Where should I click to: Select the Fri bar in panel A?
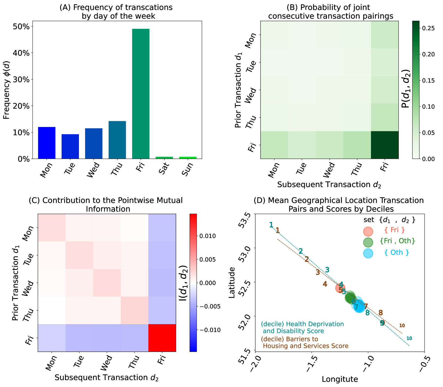click(141, 93)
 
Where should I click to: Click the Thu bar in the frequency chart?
click(117, 140)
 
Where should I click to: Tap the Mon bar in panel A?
click(47, 143)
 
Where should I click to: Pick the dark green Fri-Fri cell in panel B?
click(385, 145)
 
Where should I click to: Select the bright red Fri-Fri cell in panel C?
click(162, 338)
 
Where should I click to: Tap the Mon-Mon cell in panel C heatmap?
click(52, 227)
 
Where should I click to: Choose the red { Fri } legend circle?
click(368, 231)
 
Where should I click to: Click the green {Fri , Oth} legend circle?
click(368, 242)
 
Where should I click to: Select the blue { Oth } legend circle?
click(368, 253)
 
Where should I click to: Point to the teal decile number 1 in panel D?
click(271, 225)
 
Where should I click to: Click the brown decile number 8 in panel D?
click(381, 313)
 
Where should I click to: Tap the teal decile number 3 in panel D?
click(327, 270)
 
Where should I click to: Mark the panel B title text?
click(330, 12)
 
